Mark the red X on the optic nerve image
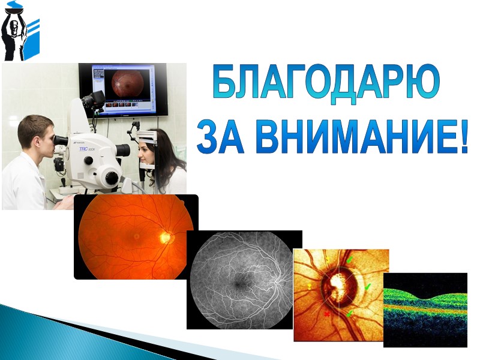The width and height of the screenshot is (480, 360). coord(327,313)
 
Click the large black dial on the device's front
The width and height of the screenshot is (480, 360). coord(110,176)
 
